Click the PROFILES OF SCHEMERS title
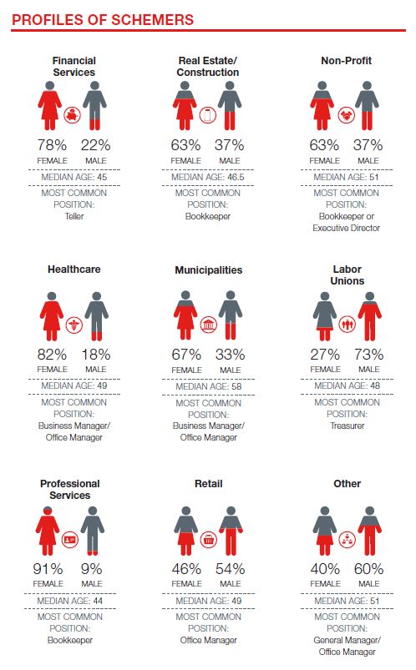[x=103, y=20]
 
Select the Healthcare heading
[x=74, y=270]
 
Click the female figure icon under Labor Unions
[x=325, y=316]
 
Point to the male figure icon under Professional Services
[x=93, y=531]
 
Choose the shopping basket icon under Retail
[x=209, y=540]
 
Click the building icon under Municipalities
[x=209, y=325]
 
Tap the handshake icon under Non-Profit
[x=347, y=114]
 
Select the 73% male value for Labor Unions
[x=369, y=355]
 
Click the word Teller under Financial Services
[x=74, y=216]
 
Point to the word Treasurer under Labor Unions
[x=348, y=426]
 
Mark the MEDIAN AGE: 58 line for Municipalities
[x=209, y=386]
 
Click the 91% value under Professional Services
[x=48, y=569]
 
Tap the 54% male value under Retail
[x=231, y=569]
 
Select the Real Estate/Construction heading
[x=208, y=66]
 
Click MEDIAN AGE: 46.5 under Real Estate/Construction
[x=208, y=177]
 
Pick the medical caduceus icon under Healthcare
[x=74, y=325]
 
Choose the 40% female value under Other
[x=325, y=569]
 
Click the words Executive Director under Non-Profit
[x=346, y=228]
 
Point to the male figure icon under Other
[x=370, y=531]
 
